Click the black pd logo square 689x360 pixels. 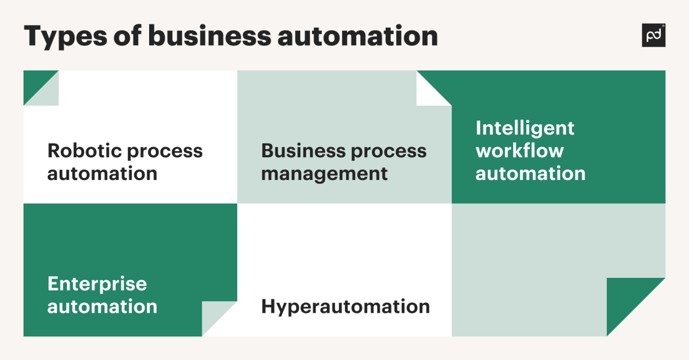pyautogui.click(x=653, y=35)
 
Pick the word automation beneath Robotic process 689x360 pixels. pyautogui.click(x=102, y=174)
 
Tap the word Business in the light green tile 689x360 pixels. pyautogui.click(x=300, y=150)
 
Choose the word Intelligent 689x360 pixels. pyautogui.click(x=525, y=129)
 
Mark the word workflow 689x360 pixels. pyautogui.click(x=519, y=150)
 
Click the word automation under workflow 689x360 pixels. pyautogui.click(x=531, y=174)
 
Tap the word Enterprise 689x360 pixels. pyautogui.click(x=97, y=284)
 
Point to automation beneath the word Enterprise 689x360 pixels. pyautogui.click(x=102, y=307)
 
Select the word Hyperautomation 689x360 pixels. pyautogui.click(x=345, y=307)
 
